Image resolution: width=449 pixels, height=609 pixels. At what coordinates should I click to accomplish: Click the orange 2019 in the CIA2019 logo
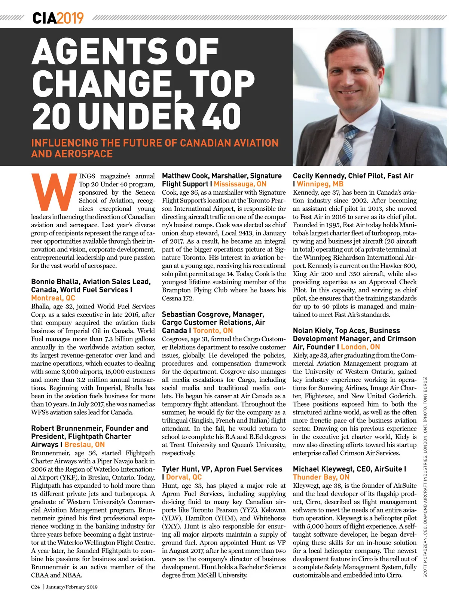point(70,18)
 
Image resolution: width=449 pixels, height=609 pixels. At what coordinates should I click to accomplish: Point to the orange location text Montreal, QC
point(53,298)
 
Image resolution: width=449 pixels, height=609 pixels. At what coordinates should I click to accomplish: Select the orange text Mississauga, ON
point(240,184)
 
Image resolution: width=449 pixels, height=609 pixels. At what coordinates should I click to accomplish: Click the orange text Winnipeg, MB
point(320,184)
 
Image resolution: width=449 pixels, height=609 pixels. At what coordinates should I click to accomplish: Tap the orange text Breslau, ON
point(85,445)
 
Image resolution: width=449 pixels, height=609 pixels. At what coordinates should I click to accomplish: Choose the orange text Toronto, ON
point(213,331)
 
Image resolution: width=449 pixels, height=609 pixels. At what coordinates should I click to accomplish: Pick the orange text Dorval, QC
point(184,477)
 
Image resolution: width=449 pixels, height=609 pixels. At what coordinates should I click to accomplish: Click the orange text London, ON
point(360,347)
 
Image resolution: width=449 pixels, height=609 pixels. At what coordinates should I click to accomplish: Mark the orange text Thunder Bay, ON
point(321,477)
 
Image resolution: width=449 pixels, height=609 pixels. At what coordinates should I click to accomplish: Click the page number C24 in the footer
point(36,587)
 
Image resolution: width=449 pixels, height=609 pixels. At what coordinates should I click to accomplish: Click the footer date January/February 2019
point(72,587)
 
